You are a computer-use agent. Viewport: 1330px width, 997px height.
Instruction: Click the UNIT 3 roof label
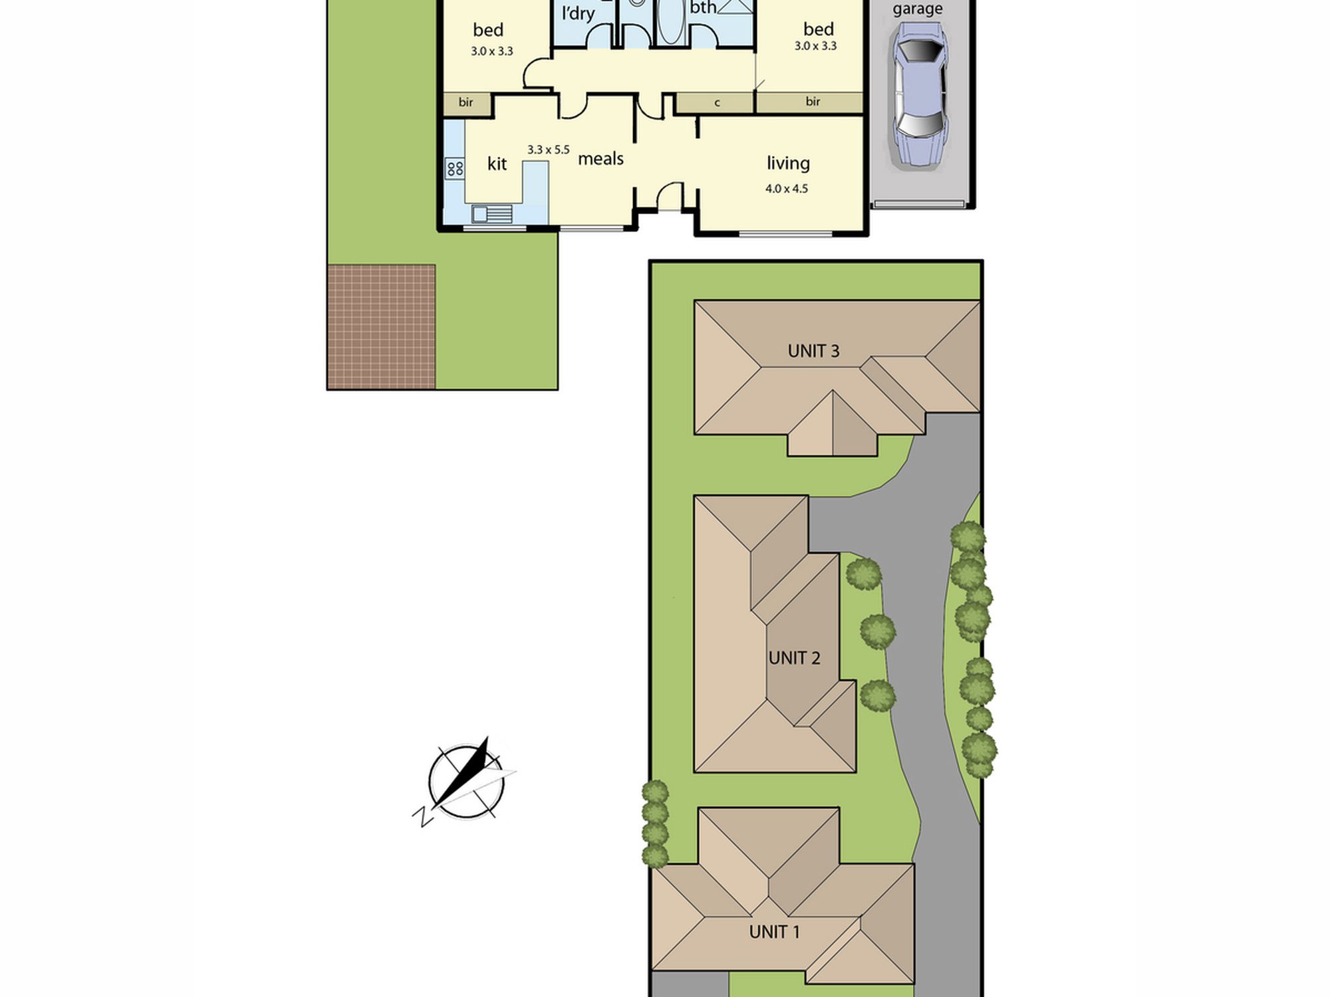pos(813,351)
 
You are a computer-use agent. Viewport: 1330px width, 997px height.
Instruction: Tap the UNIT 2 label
pos(794,658)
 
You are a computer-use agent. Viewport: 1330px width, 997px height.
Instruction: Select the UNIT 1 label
pos(774,932)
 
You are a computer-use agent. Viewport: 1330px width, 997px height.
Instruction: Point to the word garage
pos(917,9)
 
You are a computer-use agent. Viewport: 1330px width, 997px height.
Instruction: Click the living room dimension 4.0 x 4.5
pos(787,189)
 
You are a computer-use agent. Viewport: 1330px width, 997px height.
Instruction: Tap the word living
pos(788,164)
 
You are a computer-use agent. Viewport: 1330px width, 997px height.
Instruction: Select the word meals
pos(600,159)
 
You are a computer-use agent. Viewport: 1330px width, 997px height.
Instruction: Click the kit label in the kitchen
pos(497,164)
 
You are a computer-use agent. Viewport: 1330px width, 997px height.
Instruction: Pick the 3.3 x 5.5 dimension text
pos(549,150)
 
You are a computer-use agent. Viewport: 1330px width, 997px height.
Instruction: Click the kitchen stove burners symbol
pos(455,168)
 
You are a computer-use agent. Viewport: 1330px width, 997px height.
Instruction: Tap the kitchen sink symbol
pos(492,214)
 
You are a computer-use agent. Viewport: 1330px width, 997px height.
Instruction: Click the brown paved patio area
pos(381,327)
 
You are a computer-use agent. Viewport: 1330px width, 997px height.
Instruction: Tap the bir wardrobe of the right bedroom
pos(809,102)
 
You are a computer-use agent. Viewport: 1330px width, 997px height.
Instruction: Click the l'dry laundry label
pos(578,13)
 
